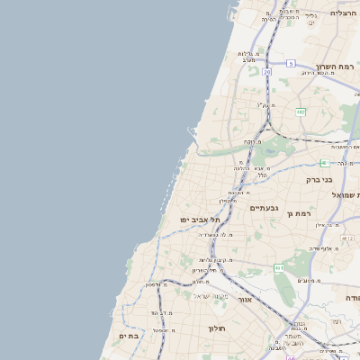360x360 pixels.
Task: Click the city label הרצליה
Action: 344,13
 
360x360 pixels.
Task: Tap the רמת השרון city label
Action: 337,67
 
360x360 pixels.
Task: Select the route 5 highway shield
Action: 292,63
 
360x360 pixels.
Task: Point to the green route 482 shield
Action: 301,111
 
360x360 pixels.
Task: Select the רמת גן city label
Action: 322,213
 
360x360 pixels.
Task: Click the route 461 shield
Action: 279,267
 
